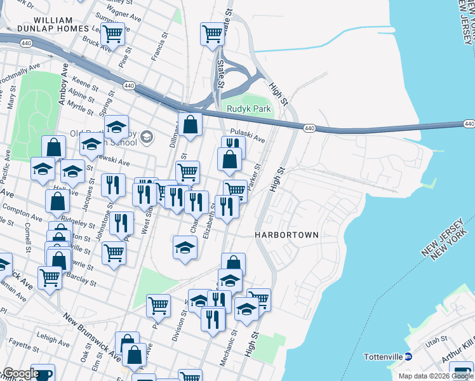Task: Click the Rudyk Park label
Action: [249, 109]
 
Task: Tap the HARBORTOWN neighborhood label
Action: [286, 234]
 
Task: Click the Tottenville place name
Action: [383, 357]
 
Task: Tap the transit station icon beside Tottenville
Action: [409, 357]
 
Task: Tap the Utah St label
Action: [437, 342]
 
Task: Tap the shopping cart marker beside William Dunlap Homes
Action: [112, 34]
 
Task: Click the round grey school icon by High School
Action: [147, 137]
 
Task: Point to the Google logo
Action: [21, 373]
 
